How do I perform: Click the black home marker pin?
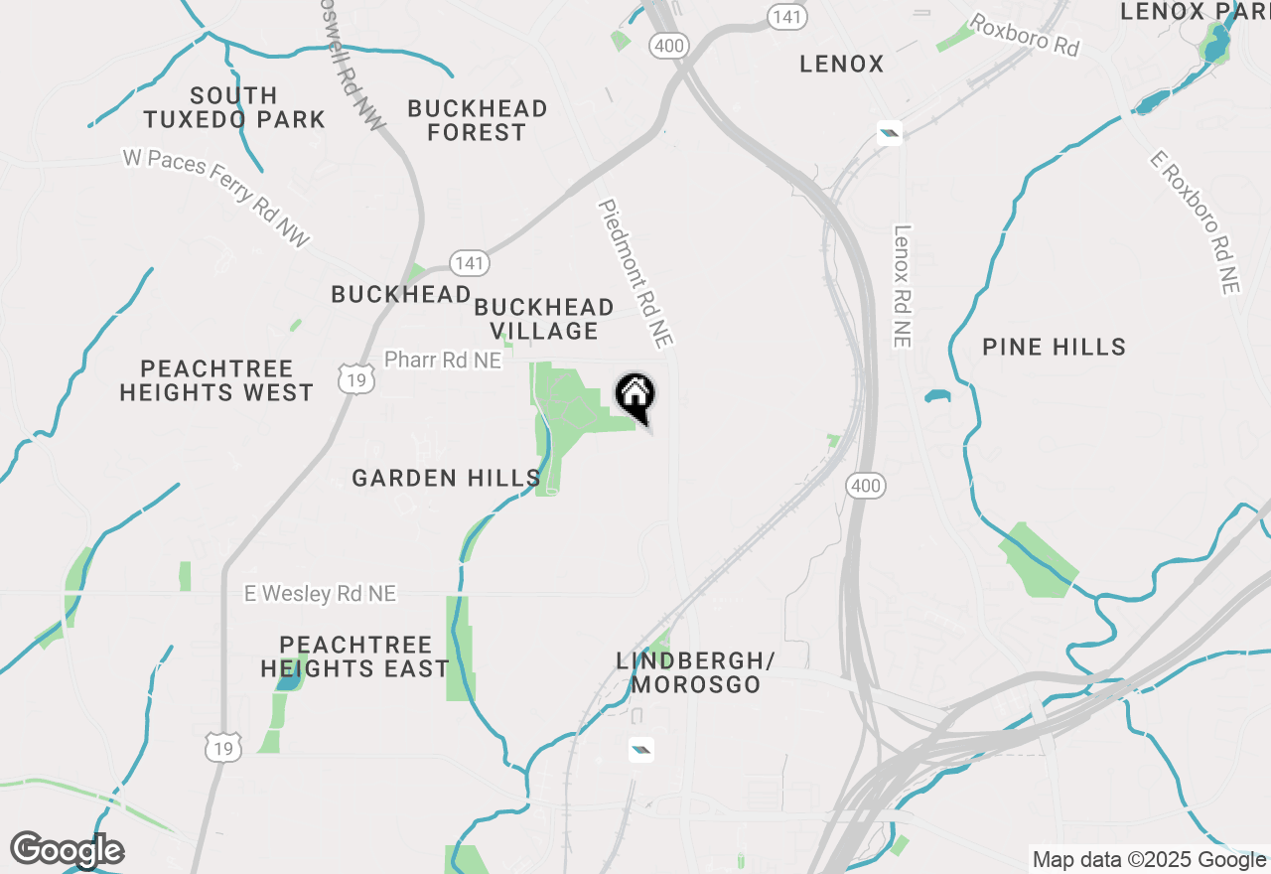[x=635, y=397]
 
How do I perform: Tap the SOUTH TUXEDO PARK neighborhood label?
[x=233, y=107]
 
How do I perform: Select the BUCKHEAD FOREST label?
[x=478, y=120]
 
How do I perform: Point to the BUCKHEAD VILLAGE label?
[x=543, y=319]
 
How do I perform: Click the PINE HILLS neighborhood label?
[x=1054, y=347]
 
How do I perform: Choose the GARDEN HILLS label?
[x=447, y=478]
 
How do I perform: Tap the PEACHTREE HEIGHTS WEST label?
[x=216, y=381]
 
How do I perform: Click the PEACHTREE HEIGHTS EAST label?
[x=355, y=656]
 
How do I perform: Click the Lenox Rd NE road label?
[x=902, y=286]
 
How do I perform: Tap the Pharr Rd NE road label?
[x=443, y=360]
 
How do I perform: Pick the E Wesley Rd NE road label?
[x=320, y=593]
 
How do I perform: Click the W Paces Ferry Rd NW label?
[x=216, y=197]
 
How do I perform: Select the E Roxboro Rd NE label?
[x=1196, y=221]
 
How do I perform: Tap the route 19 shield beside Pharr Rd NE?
[x=354, y=377]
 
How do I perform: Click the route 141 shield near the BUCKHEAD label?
[x=469, y=263]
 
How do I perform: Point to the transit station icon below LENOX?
[x=889, y=133]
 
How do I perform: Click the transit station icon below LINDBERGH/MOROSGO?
[x=641, y=750]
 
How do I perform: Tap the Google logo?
[x=68, y=850]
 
